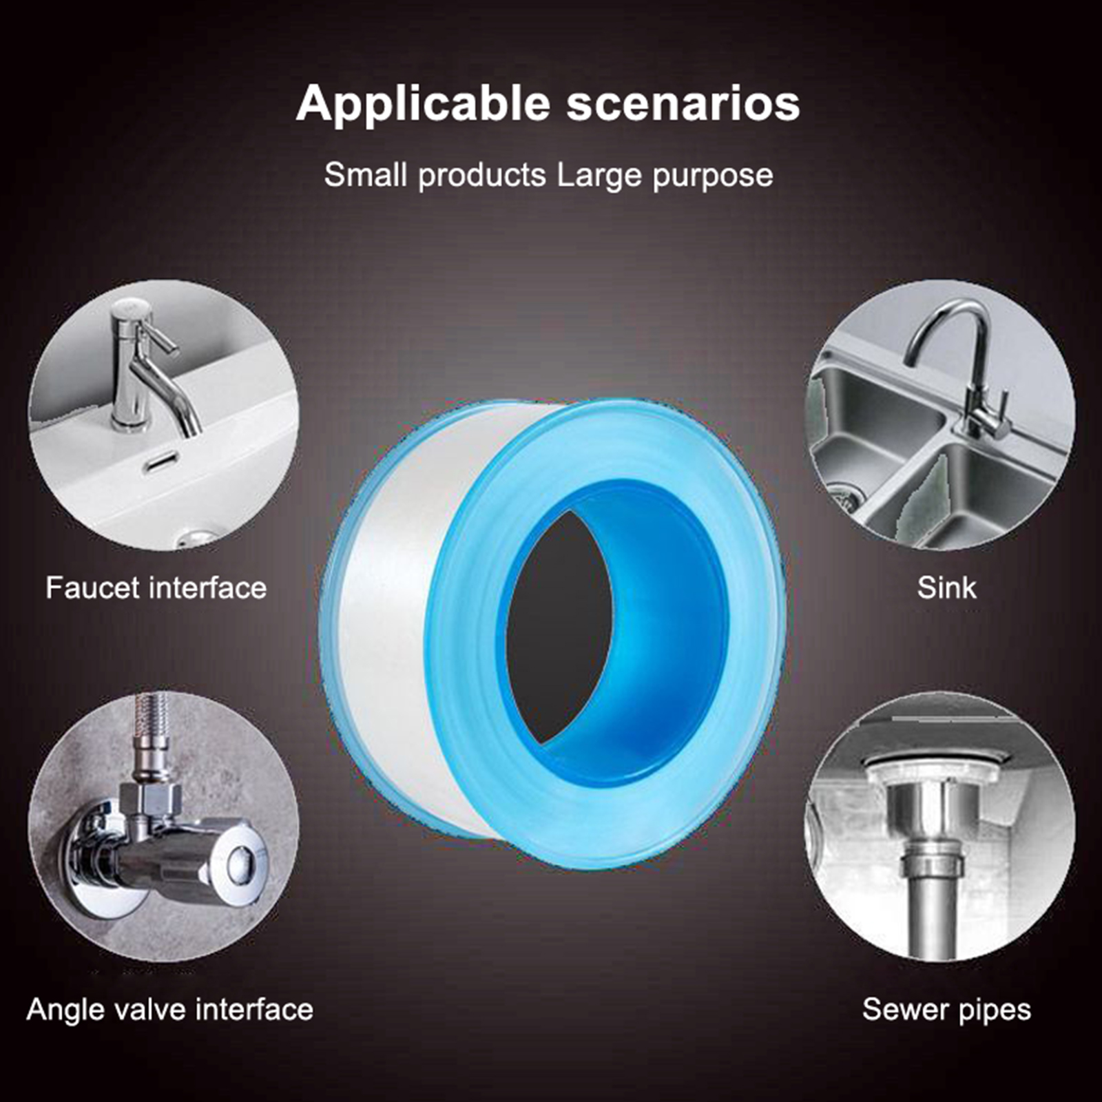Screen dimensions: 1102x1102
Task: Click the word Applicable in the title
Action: click(x=423, y=104)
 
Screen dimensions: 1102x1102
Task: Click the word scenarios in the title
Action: click(x=683, y=104)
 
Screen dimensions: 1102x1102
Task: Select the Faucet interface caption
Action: click(x=156, y=588)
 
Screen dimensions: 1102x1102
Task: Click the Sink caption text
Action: click(x=946, y=588)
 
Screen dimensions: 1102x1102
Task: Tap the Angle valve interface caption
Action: click(x=170, y=1010)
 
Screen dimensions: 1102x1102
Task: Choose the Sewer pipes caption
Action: click(x=946, y=1010)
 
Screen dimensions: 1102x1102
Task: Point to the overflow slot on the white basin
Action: click(x=161, y=461)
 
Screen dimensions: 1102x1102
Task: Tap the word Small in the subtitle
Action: click(x=366, y=175)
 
